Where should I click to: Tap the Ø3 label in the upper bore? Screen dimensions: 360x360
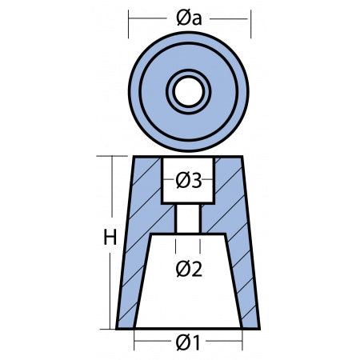[x=188, y=181]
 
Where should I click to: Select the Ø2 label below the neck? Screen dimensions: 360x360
[x=189, y=270]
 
